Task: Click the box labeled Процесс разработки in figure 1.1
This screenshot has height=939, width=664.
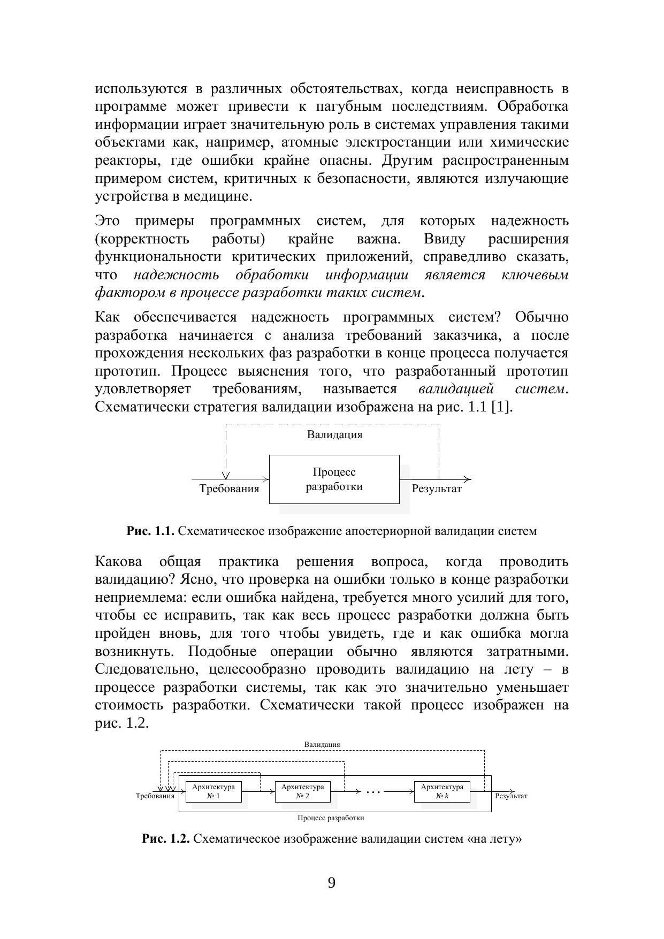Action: [334, 479]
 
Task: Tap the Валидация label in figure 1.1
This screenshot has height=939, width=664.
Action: [334, 434]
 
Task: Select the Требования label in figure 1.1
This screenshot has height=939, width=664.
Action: [229, 488]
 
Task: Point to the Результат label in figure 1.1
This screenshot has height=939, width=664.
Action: [437, 488]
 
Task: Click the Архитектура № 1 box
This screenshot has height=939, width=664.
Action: [213, 791]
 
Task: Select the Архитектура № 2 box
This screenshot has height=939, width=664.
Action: [302, 791]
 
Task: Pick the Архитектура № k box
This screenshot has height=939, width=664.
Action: [442, 791]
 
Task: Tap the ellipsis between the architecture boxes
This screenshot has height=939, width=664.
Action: [372, 791]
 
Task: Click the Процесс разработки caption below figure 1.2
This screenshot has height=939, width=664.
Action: [331, 818]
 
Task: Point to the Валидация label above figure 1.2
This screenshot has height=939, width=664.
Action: [322, 744]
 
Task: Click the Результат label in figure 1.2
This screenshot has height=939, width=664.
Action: [511, 796]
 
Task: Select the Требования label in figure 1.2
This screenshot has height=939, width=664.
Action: [155, 796]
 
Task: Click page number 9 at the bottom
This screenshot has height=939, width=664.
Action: [332, 883]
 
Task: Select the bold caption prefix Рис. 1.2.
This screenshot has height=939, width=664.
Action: [166, 838]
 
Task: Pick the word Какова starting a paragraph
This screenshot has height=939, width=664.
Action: [118, 562]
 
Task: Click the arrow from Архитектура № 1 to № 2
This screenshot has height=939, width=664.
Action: [258, 791]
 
